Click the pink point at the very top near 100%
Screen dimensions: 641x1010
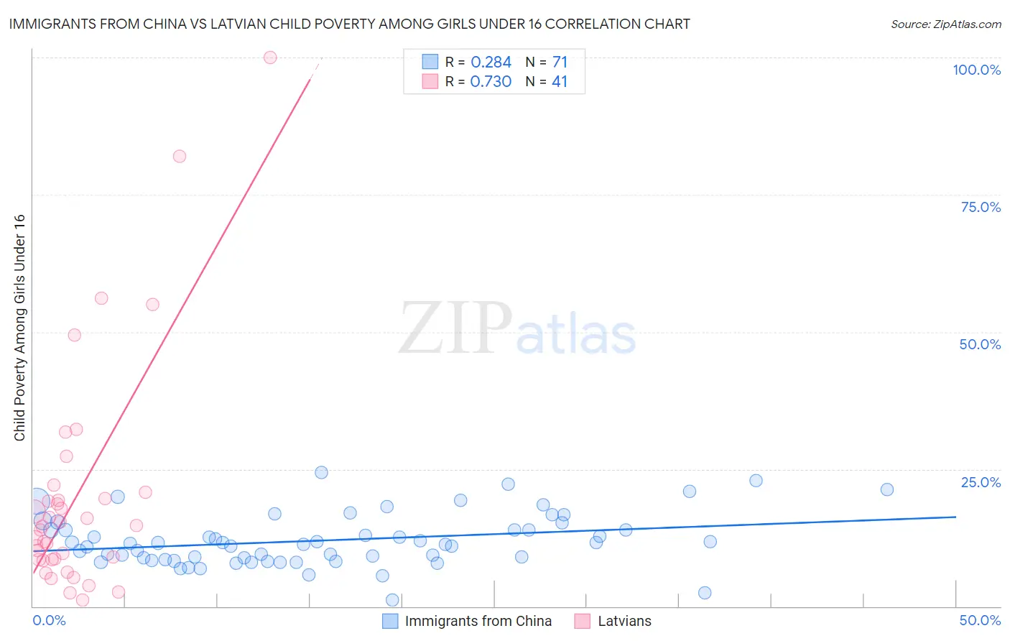point(270,57)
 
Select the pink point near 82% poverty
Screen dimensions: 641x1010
point(180,156)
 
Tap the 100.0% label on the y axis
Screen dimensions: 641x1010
point(976,70)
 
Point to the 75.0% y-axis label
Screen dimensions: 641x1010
point(981,207)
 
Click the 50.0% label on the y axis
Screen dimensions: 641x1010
point(980,344)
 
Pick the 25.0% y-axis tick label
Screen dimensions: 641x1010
point(981,482)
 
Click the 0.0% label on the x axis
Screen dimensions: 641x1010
point(49,620)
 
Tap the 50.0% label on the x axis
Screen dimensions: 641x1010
point(980,620)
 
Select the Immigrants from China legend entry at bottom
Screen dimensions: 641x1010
point(478,621)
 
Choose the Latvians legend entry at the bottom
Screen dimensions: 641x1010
point(624,621)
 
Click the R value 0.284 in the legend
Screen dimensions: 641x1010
point(491,63)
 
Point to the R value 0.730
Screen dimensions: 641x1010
point(491,82)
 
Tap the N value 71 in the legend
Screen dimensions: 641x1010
point(560,63)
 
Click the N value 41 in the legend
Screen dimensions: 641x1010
point(560,82)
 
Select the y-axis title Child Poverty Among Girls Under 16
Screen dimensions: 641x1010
point(19,328)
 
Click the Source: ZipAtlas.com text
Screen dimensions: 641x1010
point(945,24)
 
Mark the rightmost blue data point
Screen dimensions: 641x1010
point(887,489)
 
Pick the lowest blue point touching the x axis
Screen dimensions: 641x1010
point(392,600)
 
